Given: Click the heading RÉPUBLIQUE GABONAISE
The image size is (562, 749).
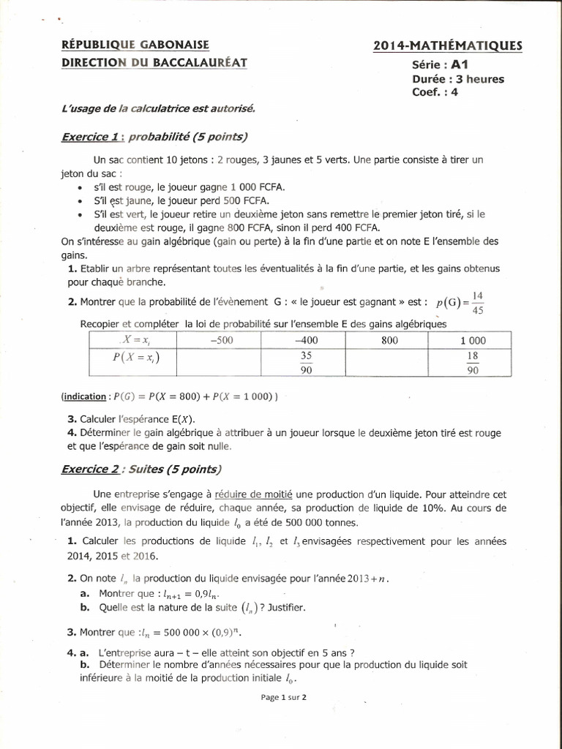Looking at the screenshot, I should click(x=135, y=45).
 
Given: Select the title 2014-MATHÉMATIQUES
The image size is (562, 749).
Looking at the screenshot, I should click(x=448, y=46).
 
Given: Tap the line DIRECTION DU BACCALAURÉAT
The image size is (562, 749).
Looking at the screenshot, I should click(x=154, y=63).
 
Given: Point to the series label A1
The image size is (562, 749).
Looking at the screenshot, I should click(x=460, y=64).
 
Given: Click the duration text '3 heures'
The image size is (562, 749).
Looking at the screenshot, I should click(x=479, y=79).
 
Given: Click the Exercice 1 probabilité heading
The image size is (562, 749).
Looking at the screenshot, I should click(x=154, y=136).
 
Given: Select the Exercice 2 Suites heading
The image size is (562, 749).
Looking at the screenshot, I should click(x=141, y=469).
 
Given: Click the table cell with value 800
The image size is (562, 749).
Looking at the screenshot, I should click(x=390, y=340).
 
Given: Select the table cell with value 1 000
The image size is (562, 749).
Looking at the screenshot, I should click(x=472, y=340).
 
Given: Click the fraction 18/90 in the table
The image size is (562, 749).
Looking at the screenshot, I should click(x=472, y=363).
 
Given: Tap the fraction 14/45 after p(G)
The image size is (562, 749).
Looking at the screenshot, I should click(x=477, y=302).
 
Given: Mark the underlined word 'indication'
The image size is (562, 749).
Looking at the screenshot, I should click(x=83, y=396).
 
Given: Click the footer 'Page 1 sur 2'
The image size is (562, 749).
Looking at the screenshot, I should click(x=283, y=697).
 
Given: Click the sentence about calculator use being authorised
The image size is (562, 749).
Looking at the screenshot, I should click(x=158, y=108).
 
